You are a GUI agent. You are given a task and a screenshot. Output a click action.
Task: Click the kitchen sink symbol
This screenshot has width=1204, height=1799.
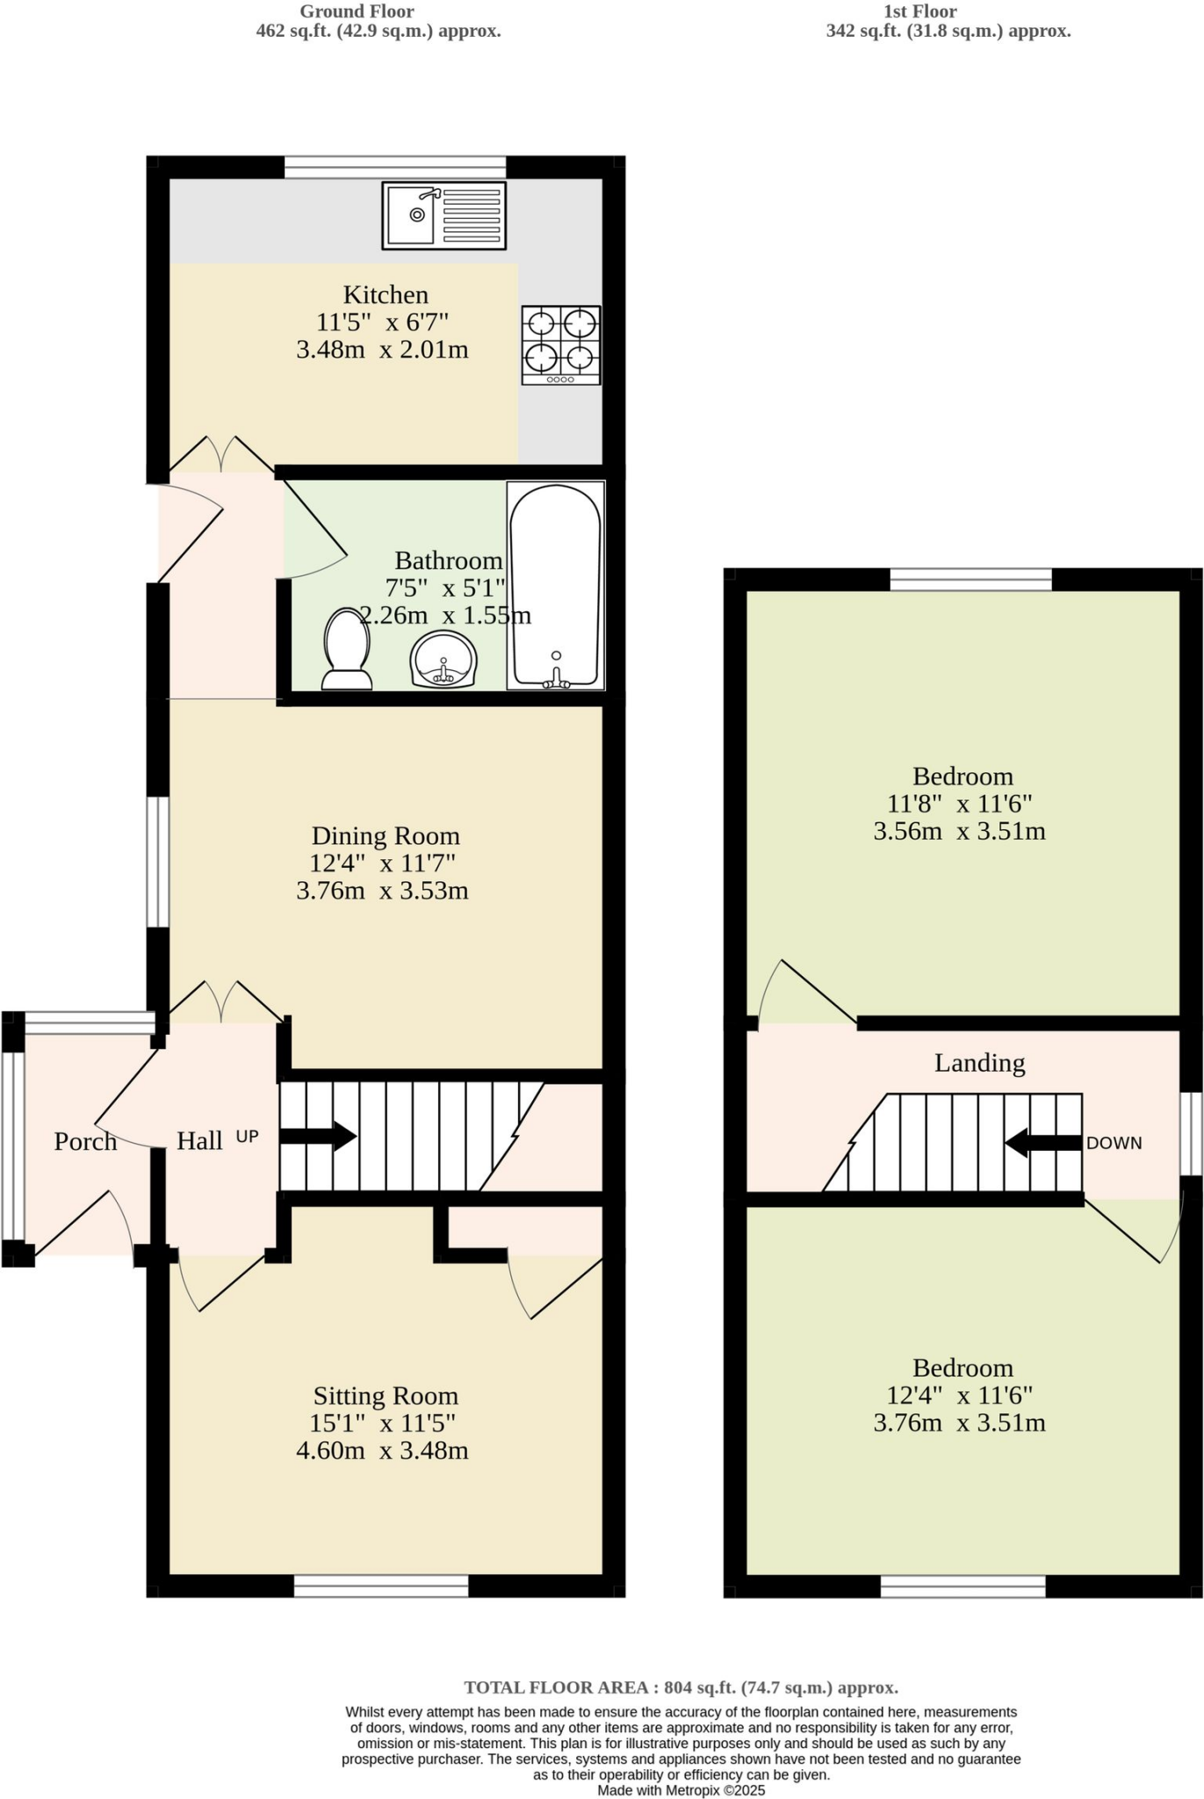443,216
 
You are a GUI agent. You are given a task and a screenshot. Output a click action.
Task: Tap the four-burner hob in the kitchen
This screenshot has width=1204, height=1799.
561,344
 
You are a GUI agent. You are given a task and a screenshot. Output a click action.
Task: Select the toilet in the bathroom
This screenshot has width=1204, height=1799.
347,650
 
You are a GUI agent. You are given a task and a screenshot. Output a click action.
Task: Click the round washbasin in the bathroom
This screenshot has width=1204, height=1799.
444,659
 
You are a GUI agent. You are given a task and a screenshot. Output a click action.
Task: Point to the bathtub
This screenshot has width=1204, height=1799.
555,585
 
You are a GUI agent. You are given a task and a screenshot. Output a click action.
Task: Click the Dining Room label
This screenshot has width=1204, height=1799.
386,835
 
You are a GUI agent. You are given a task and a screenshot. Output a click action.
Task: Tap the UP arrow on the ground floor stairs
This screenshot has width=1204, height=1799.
317,1137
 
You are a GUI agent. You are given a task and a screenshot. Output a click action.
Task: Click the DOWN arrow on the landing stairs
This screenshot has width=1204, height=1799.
1043,1143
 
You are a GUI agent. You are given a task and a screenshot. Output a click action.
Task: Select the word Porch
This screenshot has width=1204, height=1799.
85,1141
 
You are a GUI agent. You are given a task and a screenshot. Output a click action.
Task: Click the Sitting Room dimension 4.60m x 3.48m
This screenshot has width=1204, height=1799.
382,1450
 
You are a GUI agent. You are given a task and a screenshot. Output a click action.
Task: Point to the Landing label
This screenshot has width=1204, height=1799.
979,1063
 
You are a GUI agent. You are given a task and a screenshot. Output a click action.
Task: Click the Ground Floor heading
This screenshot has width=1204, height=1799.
357,11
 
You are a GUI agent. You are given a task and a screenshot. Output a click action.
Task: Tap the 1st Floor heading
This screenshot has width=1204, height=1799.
920,11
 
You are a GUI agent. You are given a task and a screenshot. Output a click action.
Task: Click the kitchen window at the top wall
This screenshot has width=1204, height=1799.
395,167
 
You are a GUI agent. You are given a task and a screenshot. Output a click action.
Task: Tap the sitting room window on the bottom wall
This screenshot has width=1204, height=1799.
381,1586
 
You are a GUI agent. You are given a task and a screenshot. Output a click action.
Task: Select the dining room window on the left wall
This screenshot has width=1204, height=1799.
157,862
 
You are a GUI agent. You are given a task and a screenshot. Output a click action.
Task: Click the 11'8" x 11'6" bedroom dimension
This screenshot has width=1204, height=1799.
960,803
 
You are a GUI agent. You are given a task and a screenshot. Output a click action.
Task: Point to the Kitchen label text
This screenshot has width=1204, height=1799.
386,294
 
